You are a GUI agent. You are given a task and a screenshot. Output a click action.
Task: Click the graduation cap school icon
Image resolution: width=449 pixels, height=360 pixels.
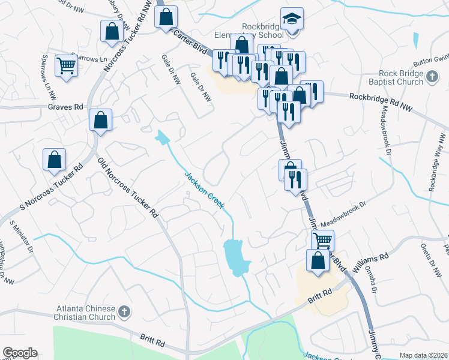pos(291,20)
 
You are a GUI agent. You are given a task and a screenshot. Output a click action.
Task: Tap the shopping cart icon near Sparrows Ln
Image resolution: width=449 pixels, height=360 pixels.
pos(66,65)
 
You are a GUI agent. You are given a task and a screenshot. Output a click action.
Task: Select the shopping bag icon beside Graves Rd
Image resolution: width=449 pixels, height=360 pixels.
pos(101,119)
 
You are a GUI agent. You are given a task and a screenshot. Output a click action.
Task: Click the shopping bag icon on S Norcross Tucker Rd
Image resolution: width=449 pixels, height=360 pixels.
pos(54,160)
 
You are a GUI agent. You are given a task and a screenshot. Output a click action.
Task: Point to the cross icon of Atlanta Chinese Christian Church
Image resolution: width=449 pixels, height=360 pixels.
pos(124,311)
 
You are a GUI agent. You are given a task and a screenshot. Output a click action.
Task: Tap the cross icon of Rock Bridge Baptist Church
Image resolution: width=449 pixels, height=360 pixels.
pos(432,76)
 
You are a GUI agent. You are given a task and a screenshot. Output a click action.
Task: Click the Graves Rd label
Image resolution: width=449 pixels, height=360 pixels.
pos(65,107)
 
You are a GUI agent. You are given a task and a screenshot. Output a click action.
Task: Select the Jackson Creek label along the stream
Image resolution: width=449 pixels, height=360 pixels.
pos(204,190)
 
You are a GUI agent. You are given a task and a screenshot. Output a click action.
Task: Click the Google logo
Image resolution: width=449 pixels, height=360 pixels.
pos(20,353)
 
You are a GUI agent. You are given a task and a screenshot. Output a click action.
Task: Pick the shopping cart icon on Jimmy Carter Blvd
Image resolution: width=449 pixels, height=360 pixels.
pos(322,241)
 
